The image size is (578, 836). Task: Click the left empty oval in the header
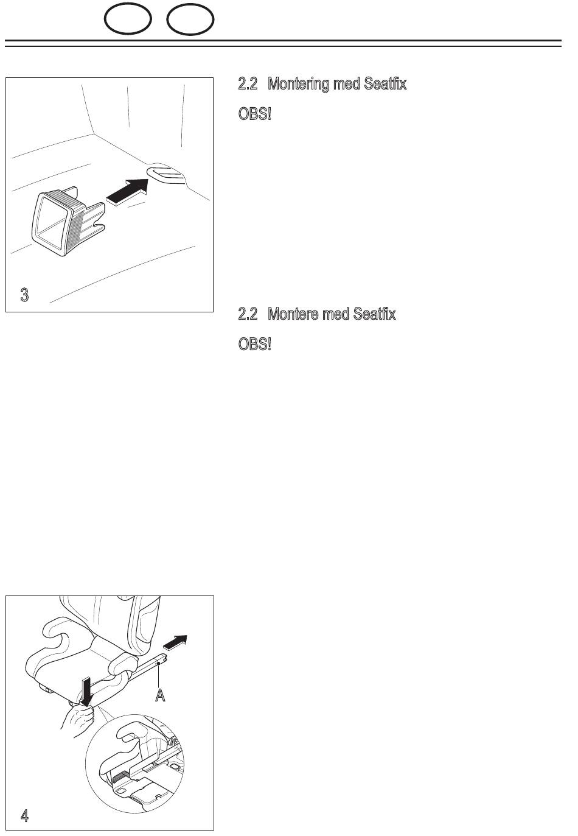[x=105, y=19]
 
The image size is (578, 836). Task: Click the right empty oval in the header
[x=167, y=19]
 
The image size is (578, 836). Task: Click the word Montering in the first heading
[x=298, y=84]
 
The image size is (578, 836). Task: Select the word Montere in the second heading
[x=293, y=314]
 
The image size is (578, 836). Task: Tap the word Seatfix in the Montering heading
[x=385, y=83]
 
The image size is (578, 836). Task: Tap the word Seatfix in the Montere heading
[x=374, y=314]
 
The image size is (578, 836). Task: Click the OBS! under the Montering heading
[x=254, y=114]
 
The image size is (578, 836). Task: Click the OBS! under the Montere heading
[x=254, y=344]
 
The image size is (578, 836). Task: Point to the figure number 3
[x=24, y=295]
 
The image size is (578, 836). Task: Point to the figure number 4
[x=24, y=815]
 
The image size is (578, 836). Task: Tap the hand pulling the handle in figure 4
[x=78, y=720]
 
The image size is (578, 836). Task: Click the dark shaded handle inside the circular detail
[x=119, y=778]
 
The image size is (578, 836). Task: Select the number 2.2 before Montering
[x=248, y=84]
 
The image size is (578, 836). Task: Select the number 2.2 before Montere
[x=248, y=314]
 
